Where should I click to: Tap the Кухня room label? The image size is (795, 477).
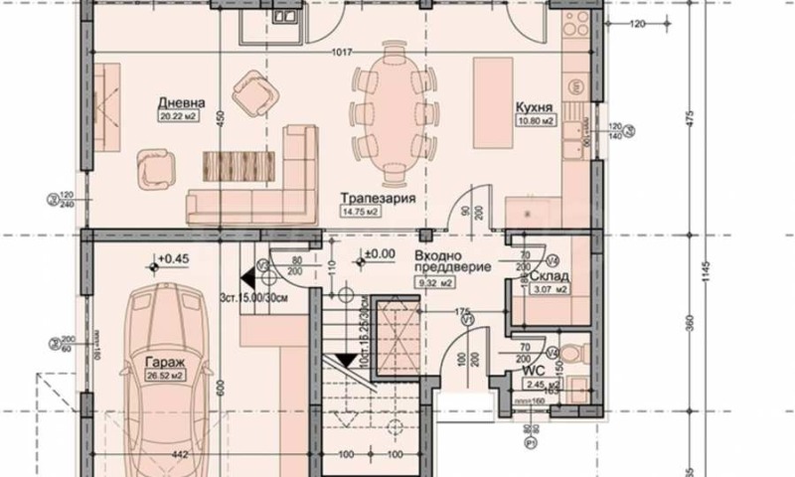(x=534, y=106)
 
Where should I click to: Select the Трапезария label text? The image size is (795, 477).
(x=375, y=197)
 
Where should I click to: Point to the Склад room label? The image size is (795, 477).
(x=549, y=275)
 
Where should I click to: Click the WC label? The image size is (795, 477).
(x=532, y=370)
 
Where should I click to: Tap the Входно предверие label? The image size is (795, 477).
(x=434, y=260)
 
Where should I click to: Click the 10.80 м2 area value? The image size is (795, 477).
(x=535, y=121)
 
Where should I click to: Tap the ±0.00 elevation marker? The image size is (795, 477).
(x=380, y=253)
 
